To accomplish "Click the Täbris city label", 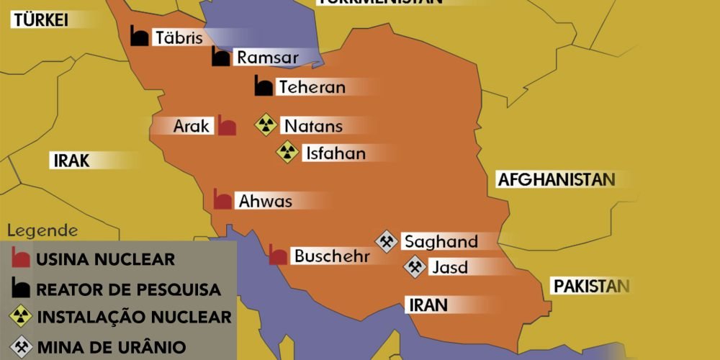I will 179,37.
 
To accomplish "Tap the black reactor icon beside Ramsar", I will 221,57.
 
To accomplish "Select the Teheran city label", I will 312,87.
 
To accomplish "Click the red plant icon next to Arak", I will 227,127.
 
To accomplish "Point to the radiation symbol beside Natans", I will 266,125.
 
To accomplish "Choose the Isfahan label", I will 336,153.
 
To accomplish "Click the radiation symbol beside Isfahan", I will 288,152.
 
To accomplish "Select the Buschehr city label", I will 331,256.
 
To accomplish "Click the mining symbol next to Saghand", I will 387,241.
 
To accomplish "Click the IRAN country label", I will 428,304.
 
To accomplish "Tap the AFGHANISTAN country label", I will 557,180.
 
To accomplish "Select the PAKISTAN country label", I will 590,286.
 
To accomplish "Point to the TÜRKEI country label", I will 40,20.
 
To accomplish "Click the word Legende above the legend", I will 42,231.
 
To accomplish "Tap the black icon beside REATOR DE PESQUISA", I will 22,289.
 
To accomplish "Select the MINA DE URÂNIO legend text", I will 111,346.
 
